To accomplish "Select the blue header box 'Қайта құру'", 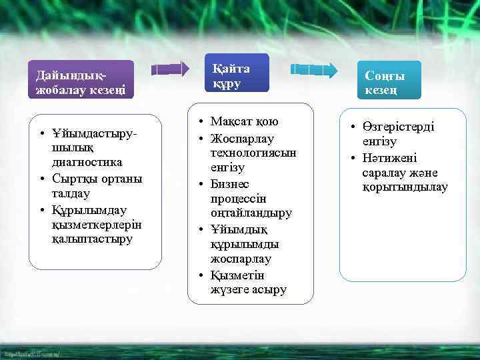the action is tap(237, 72).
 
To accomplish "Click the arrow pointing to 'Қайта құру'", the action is tap(170, 69).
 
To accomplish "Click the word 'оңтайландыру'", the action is tap(251, 214).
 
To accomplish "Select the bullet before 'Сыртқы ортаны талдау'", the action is tap(42, 179).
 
